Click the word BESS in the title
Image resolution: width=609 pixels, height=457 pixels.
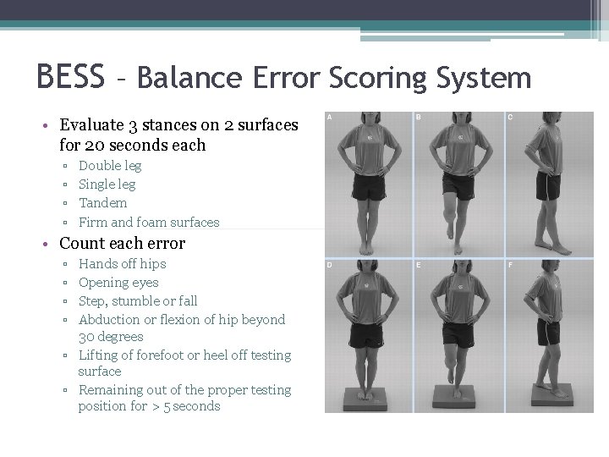pos(70,77)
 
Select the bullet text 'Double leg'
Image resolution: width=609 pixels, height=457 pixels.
pos(110,166)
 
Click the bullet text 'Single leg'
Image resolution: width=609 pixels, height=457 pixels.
pos(107,184)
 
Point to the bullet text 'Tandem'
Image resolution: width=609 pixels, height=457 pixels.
pos(102,203)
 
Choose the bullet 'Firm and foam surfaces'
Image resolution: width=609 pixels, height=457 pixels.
pos(149,223)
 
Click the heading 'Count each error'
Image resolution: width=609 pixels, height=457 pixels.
pos(122,244)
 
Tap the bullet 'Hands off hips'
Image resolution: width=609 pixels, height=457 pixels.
pos(122,264)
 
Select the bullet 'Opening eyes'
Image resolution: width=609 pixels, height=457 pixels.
pos(118,283)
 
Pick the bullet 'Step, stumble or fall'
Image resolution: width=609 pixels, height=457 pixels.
pos(138,301)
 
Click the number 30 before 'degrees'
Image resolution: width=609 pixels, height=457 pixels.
pos(86,337)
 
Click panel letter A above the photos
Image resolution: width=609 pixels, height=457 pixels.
pos(330,118)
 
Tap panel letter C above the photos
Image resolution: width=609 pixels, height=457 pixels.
pos(509,118)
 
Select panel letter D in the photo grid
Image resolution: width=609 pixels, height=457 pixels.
pos(330,266)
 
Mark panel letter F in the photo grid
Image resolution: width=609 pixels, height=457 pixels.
pos(509,266)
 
